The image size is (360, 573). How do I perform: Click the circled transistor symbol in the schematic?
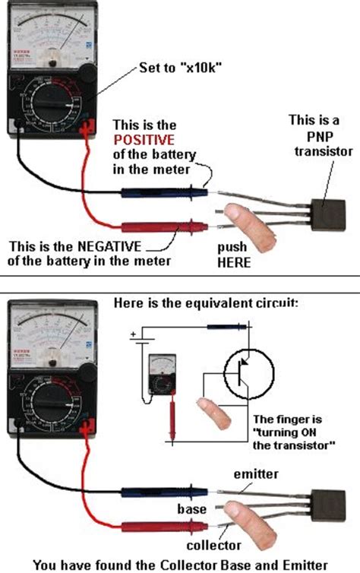coord(244,373)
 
